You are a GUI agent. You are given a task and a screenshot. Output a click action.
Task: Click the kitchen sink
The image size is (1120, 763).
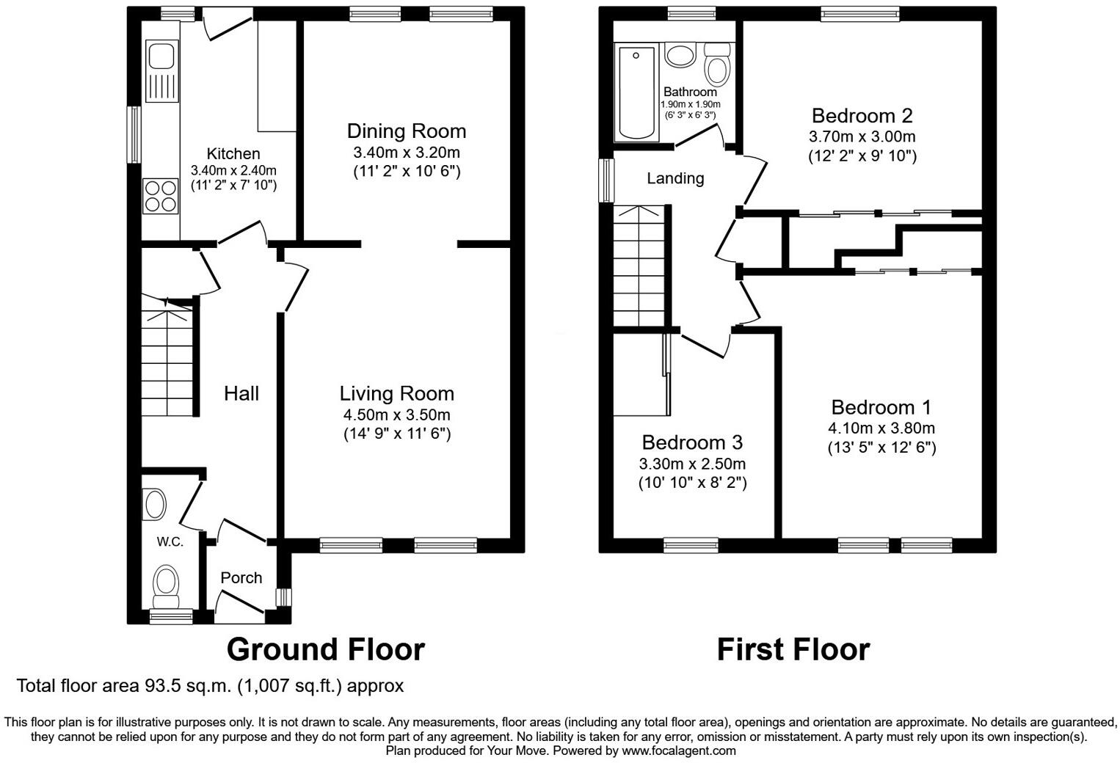[x=161, y=72]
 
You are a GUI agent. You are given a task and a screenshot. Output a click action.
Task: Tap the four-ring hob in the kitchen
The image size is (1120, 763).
[x=161, y=196]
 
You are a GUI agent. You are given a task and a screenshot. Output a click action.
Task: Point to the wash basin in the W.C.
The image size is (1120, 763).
[x=155, y=505]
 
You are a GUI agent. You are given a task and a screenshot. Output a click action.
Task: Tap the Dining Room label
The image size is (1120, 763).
[x=406, y=131]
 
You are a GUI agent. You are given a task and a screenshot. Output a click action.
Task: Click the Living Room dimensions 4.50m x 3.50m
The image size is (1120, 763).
[x=396, y=415]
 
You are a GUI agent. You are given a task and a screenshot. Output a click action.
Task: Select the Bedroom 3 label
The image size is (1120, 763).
[x=691, y=442]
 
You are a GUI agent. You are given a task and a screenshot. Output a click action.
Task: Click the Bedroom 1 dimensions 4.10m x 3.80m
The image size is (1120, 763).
[x=881, y=428]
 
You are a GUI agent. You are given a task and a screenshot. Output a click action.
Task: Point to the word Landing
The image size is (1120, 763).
[x=674, y=178]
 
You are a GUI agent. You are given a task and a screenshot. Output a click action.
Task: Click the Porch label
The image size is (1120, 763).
[x=241, y=578]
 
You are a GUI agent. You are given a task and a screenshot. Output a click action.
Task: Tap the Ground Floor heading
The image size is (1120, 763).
[x=325, y=649]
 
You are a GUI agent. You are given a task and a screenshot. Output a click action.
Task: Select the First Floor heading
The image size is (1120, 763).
[x=793, y=649]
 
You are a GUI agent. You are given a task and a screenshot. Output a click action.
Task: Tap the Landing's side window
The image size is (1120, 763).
[x=606, y=180]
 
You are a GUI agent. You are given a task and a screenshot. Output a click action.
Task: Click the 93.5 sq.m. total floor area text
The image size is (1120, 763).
[x=210, y=686]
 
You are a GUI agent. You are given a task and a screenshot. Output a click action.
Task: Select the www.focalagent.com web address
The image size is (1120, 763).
[x=679, y=751]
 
